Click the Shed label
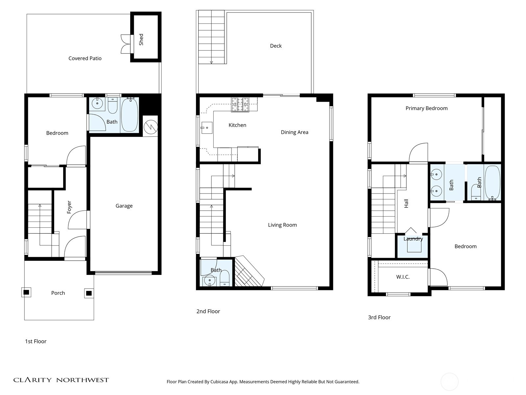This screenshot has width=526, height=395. tap(141, 39)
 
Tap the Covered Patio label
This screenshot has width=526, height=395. tap(85, 58)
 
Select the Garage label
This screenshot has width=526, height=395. tap(124, 206)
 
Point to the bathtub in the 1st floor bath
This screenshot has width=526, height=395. tap(130, 115)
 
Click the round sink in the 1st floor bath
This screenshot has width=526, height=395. tap(97, 103)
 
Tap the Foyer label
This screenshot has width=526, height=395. tap(69, 207)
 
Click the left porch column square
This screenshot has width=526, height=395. tap(26, 292)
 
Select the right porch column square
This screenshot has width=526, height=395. tap(89, 293)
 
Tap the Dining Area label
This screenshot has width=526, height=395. tap(295, 132)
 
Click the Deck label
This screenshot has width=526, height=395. tap(276, 46)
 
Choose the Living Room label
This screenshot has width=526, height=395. tap(282, 225)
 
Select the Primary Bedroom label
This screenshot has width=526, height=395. tap(426, 108)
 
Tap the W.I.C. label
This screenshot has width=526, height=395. tap(403, 277)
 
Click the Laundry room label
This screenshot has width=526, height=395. tap(413, 239)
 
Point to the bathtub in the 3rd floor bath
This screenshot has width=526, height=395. tap(492, 183)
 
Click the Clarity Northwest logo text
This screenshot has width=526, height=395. tap(61, 380)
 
